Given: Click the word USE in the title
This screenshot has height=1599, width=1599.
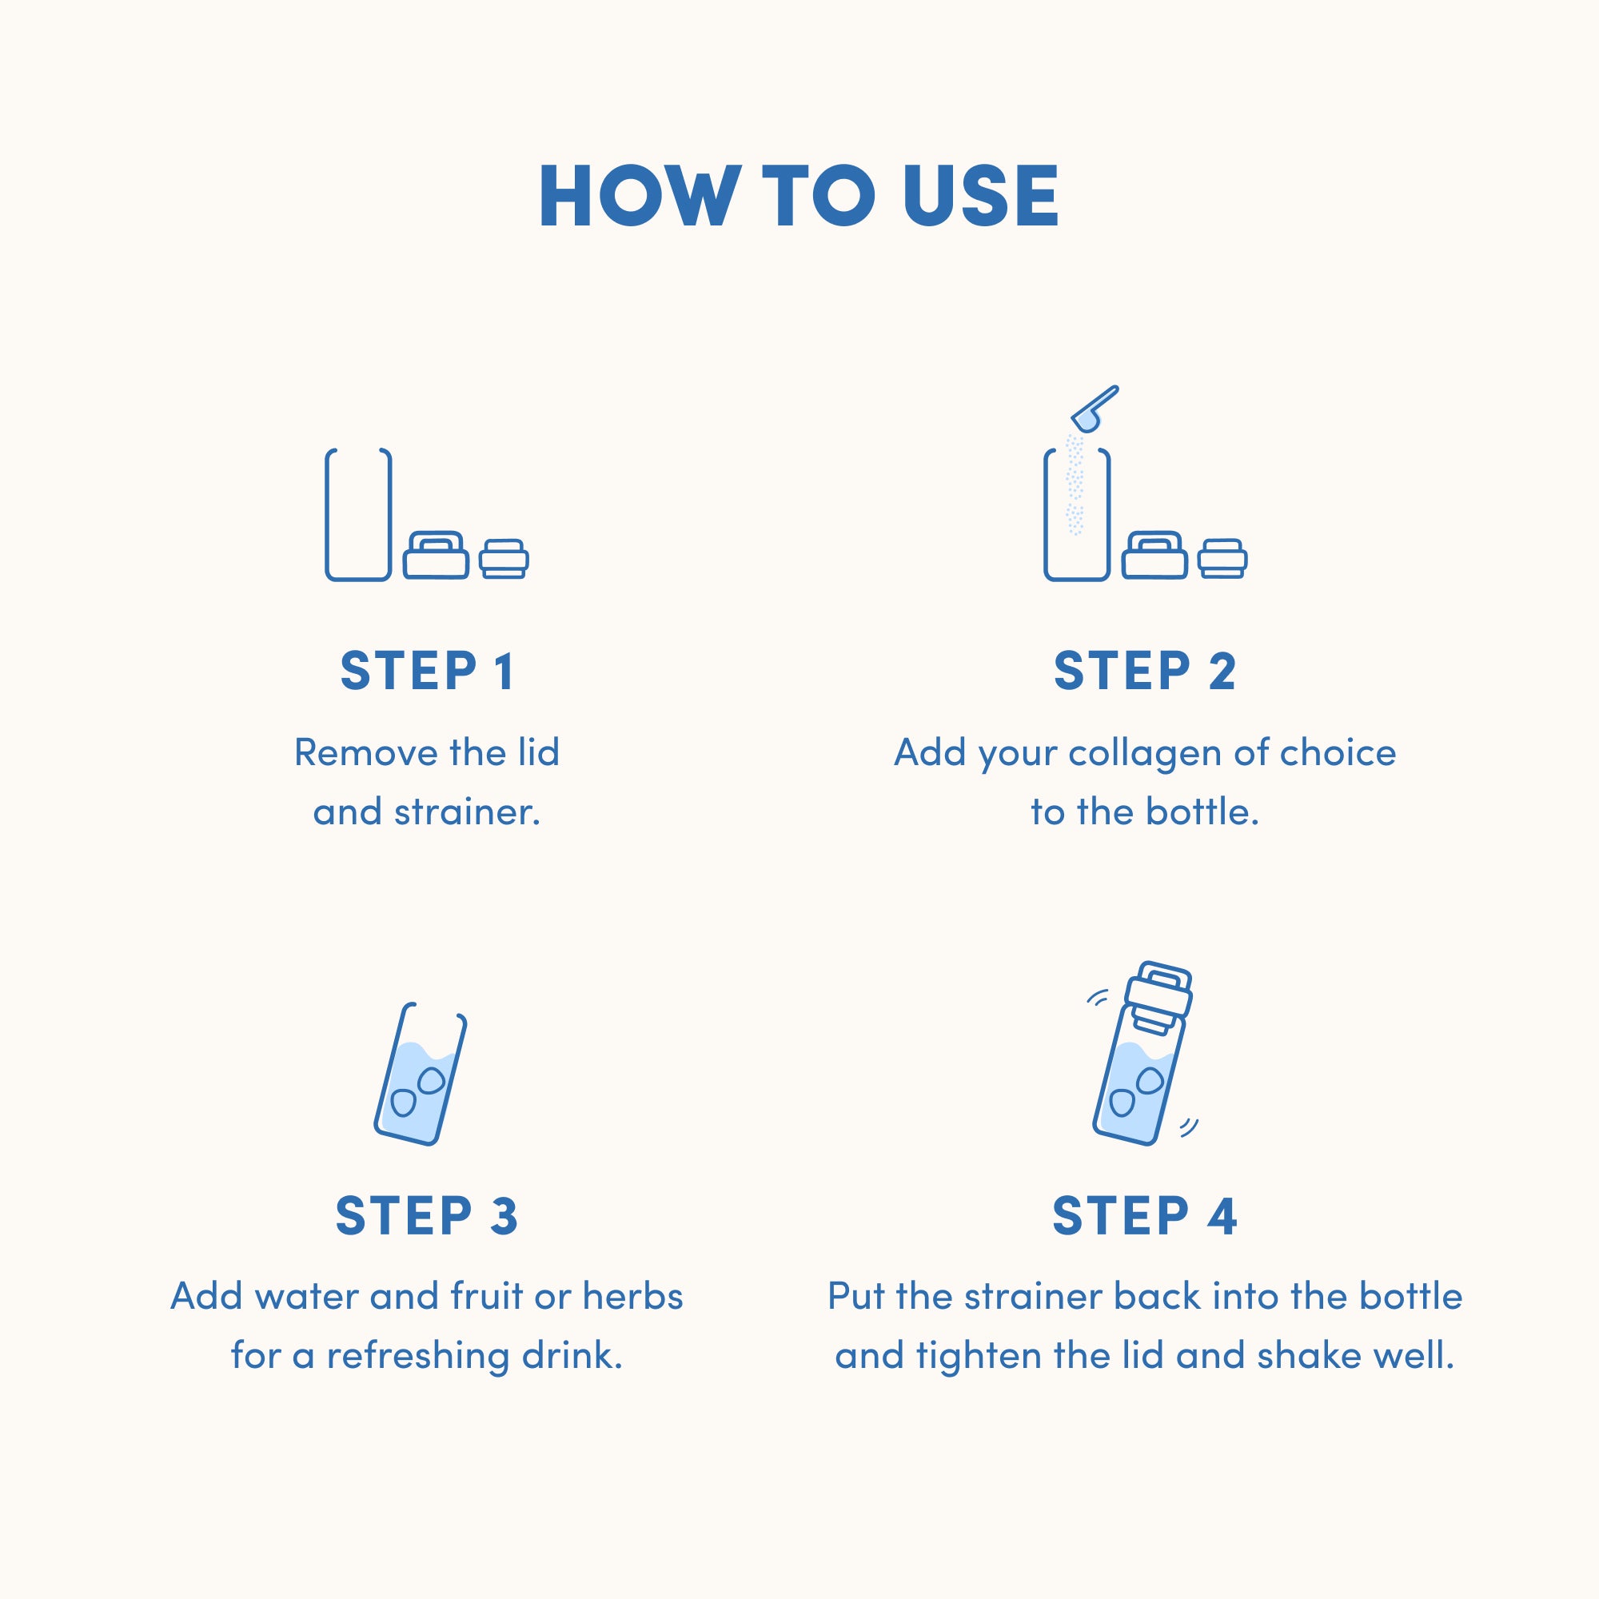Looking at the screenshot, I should [x=981, y=196].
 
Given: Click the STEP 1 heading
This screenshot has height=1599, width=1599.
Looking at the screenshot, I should [x=428, y=672].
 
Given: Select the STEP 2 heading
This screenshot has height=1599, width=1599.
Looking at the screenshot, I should [x=1145, y=672].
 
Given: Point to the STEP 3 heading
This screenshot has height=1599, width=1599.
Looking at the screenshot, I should [x=426, y=1216].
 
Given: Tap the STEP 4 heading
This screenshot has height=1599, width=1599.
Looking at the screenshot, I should [x=1145, y=1216].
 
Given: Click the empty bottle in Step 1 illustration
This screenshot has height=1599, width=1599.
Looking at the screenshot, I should [x=358, y=515].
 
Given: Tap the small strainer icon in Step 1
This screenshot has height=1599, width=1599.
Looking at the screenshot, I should [x=504, y=560].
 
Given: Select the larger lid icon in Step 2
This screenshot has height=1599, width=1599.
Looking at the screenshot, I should [x=1154, y=556].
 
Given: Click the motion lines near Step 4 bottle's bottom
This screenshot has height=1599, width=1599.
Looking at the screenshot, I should [x=1190, y=1127].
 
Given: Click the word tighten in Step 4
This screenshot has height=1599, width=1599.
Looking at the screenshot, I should [x=979, y=1356].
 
